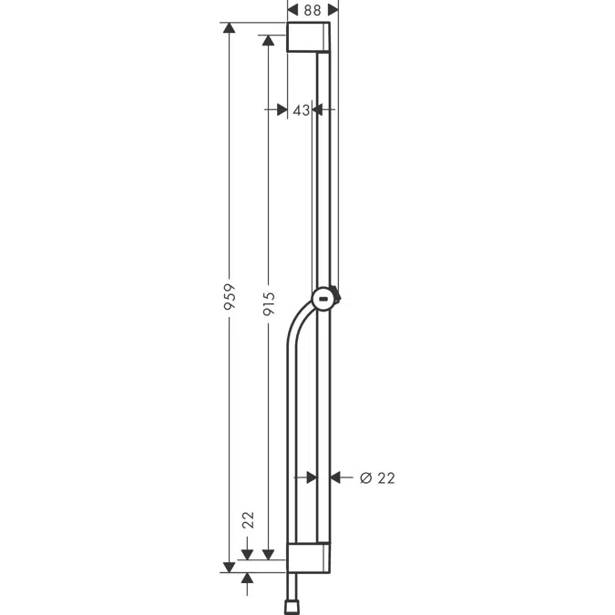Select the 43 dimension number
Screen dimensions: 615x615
pyautogui.click(x=300, y=109)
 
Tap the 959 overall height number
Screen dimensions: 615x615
pyautogui.click(x=231, y=298)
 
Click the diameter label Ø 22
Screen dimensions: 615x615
pyautogui.click(x=377, y=477)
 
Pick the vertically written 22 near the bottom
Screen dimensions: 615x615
pyautogui.click(x=248, y=520)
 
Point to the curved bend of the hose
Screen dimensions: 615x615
pyautogui.click(x=297, y=323)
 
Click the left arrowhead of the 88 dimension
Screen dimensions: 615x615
pyautogui.click(x=292, y=7)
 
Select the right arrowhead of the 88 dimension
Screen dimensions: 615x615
pyautogui.click(x=333, y=7)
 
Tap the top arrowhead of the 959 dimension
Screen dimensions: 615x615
pyautogui.click(x=230, y=29)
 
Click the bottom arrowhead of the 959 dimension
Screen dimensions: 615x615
pyautogui.click(x=230, y=567)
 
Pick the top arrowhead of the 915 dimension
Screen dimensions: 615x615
pyautogui.click(x=268, y=41)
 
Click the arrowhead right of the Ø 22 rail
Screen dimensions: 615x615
pyautogui.click(x=334, y=477)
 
